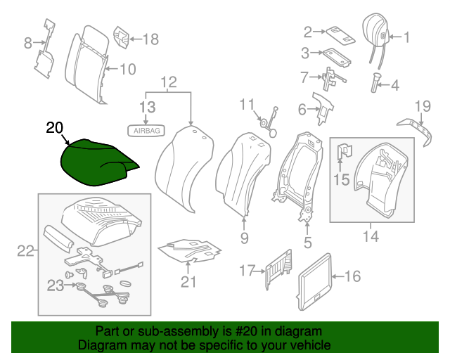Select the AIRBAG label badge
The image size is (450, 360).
(143, 130)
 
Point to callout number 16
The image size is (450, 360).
(352, 276)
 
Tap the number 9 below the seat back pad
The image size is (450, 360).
(244, 238)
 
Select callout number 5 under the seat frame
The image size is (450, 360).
(307, 243)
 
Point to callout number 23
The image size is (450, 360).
(55, 285)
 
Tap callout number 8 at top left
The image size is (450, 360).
(28, 43)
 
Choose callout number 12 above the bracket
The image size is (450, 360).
(169, 84)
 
